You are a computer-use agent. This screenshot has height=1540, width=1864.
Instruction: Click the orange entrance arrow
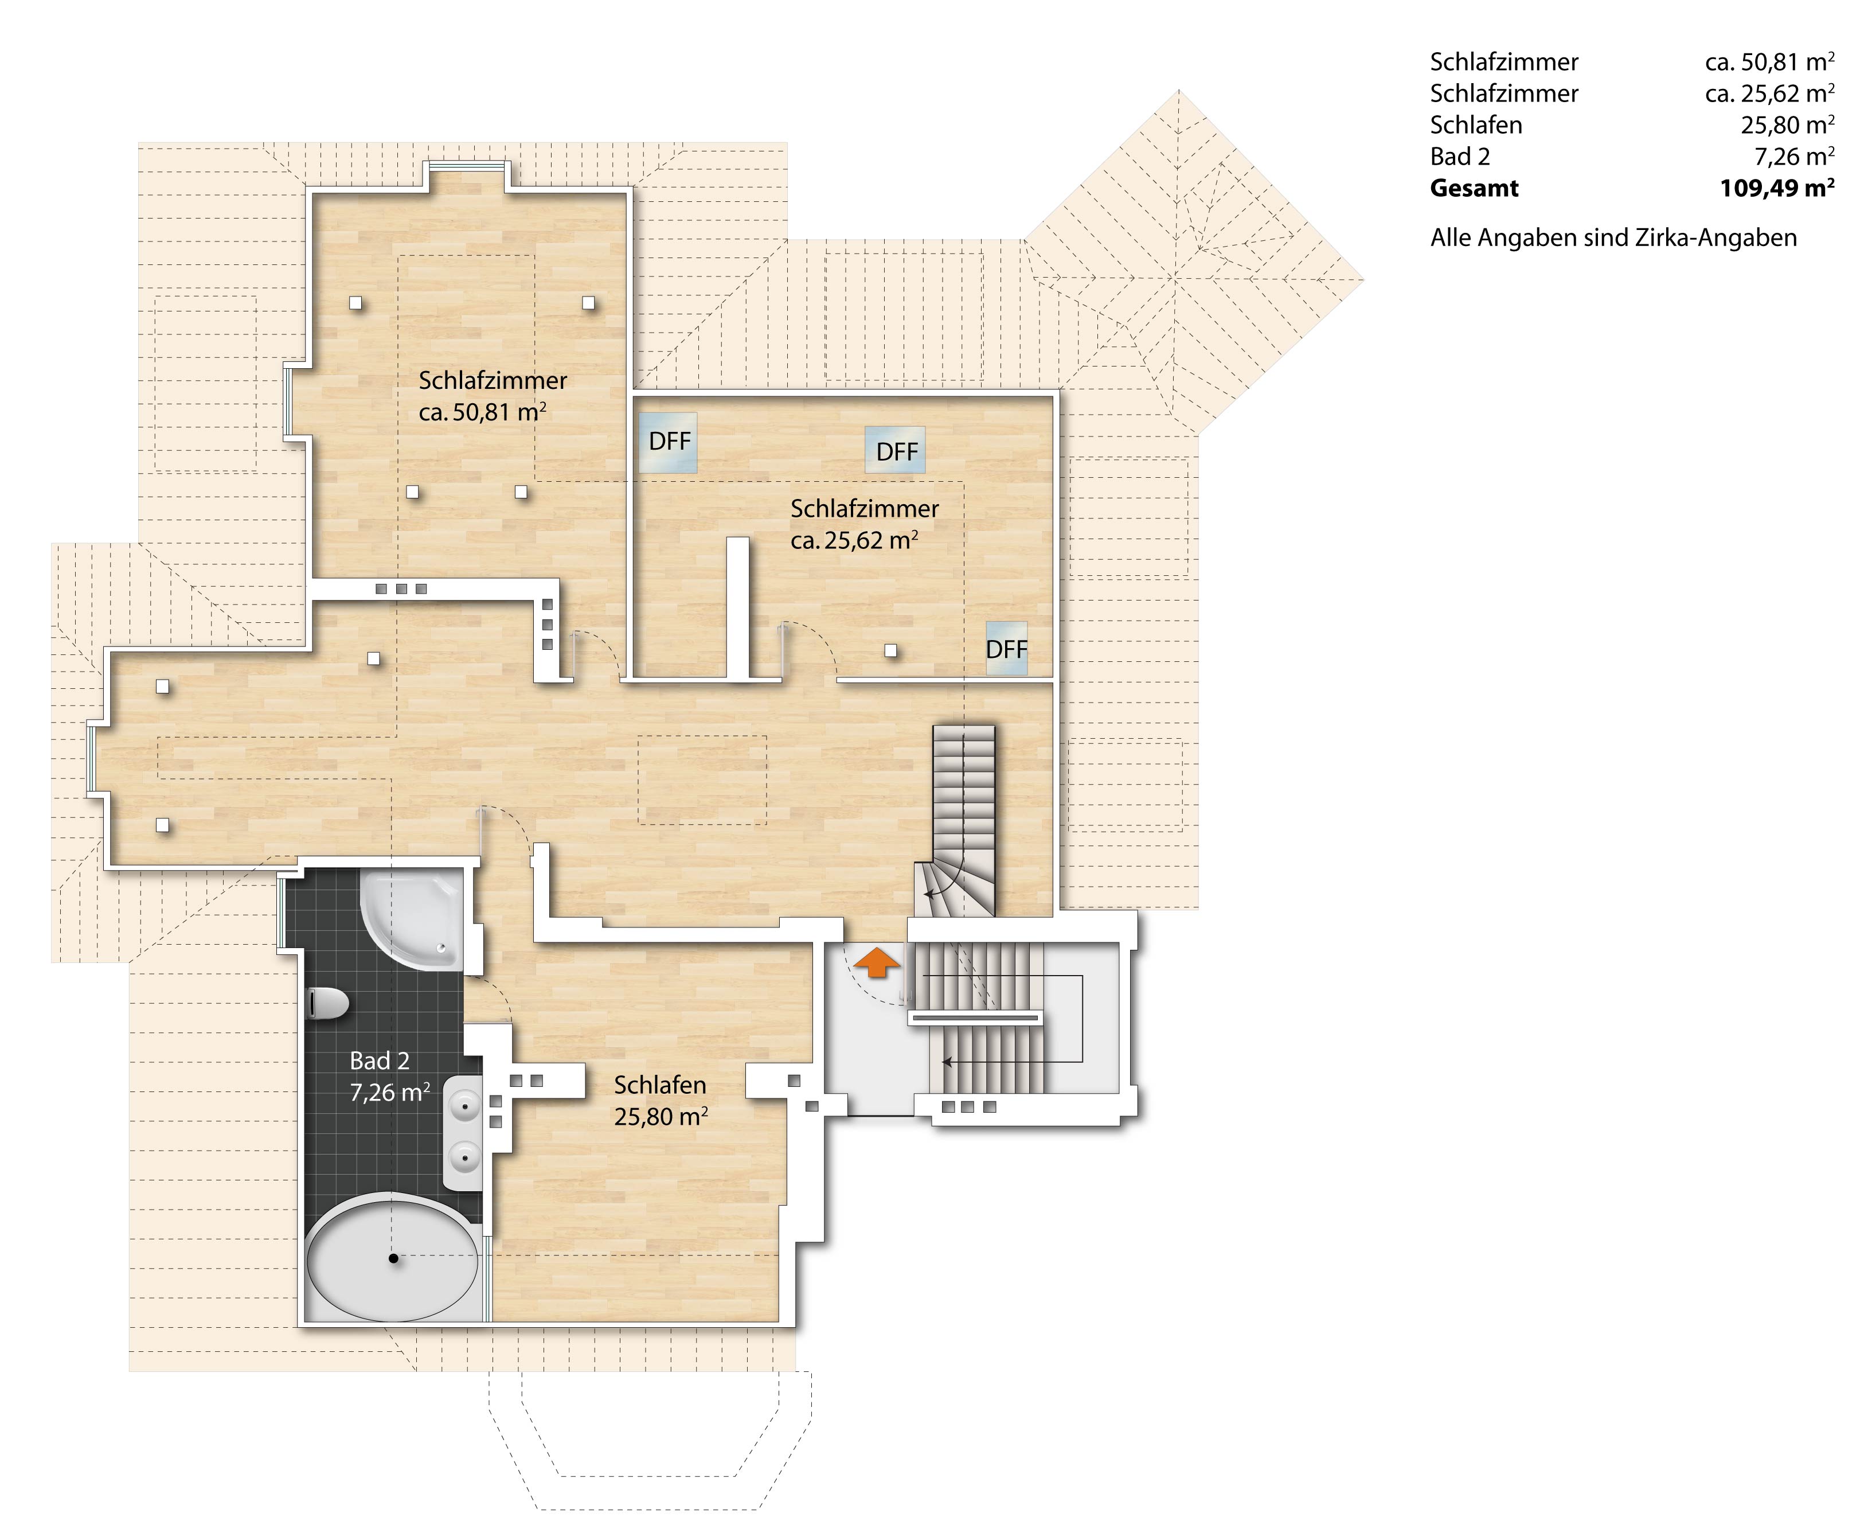876,962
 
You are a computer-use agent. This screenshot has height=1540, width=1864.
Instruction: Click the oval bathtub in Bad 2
394,1257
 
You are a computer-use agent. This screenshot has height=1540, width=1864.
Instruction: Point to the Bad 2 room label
390,1076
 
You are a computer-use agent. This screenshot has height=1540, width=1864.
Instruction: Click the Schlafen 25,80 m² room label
661,1100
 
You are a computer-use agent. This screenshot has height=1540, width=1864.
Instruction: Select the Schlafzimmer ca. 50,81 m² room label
492,396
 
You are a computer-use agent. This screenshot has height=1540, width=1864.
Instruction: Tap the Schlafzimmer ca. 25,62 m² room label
863,524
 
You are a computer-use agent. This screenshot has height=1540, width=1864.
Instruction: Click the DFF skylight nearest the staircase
1006,649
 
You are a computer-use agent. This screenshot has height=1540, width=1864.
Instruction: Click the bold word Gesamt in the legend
1474,188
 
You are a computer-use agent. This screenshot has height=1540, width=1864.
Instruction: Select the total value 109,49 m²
1777,188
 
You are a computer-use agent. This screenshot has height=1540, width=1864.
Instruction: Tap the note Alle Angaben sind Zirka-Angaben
1613,238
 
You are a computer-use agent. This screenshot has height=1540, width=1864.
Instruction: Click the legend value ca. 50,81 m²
1769,62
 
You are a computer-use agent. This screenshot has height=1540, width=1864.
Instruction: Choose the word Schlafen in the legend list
1476,125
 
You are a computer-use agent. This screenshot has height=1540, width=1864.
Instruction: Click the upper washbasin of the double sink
464,1107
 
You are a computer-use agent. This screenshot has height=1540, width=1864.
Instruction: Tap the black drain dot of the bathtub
394,1258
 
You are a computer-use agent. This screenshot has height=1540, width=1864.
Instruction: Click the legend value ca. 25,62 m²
1769,93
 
